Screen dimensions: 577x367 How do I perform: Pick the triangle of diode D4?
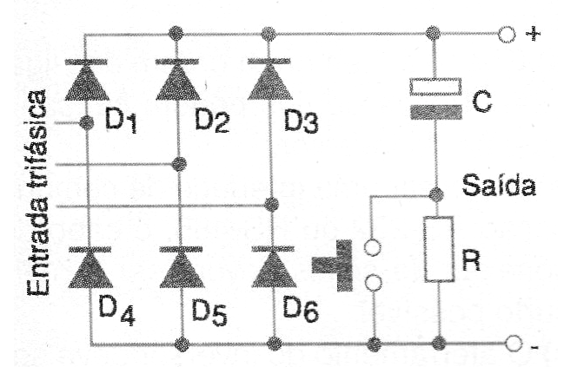pyautogui.click(x=90, y=270)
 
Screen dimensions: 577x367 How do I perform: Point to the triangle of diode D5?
pyautogui.click(x=182, y=270)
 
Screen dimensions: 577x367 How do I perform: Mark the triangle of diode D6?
pyautogui.click(x=274, y=270)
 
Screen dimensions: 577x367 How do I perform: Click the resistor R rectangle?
pyautogui.click(x=438, y=249)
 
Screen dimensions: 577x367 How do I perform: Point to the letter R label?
pyautogui.click(x=471, y=260)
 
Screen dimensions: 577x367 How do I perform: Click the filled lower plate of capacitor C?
pyautogui.click(x=436, y=113)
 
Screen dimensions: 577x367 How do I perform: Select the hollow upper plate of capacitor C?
pyautogui.click(x=435, y=87)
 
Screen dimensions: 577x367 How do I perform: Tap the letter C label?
pyautogui.click(x=481, y=101)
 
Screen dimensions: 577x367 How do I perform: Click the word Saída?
pyautogui.click(x=499, y=185)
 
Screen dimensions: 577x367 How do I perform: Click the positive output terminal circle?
pyautogui.click(x=507, y=34)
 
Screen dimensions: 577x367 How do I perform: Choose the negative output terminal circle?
pyautogui.click(x=514, y=344)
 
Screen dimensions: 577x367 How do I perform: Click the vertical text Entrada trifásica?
pyautogui.click(x=37, y=193)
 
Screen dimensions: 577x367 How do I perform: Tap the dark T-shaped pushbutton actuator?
pyautogui.click(x=332, y=265)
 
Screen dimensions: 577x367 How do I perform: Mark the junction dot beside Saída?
pyautogui.click(x=436, y=194)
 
